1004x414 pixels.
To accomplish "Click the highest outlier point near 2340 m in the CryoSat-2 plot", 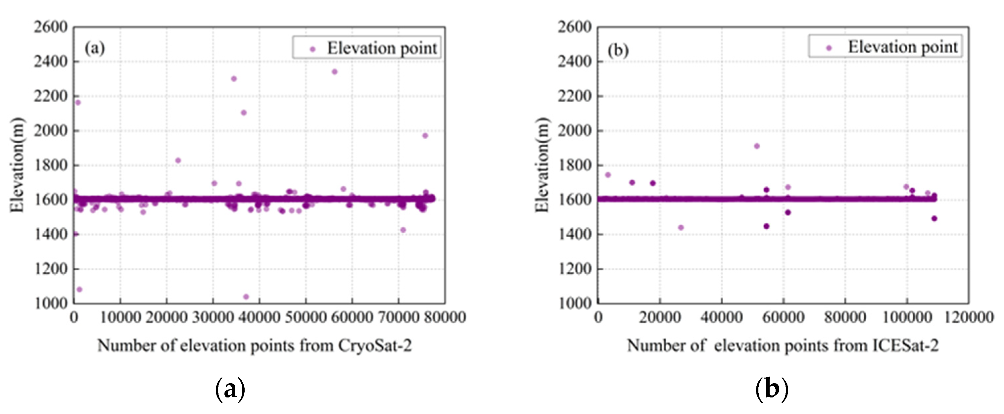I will [334, 72].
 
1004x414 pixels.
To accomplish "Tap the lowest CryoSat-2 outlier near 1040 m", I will [246, 297].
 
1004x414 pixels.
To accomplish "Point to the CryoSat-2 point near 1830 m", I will [178, 161].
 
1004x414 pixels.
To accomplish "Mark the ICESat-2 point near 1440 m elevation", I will [681, 227].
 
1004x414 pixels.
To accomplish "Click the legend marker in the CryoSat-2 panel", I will [312, 49].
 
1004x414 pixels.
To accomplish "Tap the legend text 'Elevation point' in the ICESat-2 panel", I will [903, 47].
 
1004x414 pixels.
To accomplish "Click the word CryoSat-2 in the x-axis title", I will [375, 345].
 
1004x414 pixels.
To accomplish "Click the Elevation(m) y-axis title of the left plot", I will [17, 165].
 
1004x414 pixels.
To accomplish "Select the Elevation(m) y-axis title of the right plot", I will [542, 165].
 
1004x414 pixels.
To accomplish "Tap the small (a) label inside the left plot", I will [95, 49].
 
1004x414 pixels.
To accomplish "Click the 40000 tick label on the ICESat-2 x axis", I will [721, 317].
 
